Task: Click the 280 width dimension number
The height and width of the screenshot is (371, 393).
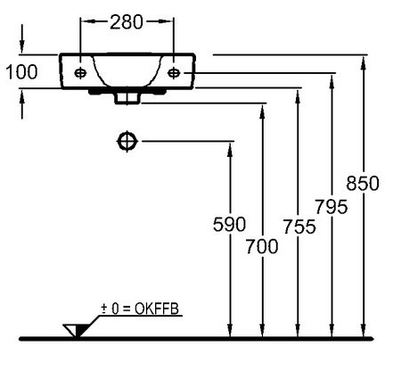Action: (x=127, y=22)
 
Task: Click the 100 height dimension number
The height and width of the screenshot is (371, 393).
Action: (x=21, y=72)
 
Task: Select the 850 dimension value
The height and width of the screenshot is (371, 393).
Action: (x=363, y=183)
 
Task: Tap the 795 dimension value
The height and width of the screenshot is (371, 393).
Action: (x=332, y=206)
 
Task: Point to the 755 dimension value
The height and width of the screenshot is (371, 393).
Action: (x=299, y=227)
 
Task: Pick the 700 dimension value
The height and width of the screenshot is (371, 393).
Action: (x=262, y=246)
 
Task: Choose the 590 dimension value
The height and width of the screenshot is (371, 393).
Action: (x=229, y=224)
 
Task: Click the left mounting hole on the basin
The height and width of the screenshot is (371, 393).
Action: (x=80, y=72)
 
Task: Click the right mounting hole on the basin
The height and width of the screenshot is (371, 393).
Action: (x=174, y=72)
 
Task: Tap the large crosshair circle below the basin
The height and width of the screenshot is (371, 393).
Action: (x=127, y=141)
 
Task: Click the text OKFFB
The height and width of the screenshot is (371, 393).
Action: (x=157, y=309)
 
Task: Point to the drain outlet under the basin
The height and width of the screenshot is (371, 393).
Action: (x=127, y=98)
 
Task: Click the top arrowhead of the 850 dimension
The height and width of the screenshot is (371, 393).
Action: (x=363, y=63)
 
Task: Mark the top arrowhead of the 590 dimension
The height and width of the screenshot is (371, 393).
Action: (x=230, y=149)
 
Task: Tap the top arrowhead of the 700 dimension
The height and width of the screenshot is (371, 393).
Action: (x=262, y=111)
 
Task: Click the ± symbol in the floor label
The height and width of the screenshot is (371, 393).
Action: (x=104, y=309)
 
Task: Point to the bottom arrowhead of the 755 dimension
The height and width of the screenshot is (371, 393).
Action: (x=298, y=331)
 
